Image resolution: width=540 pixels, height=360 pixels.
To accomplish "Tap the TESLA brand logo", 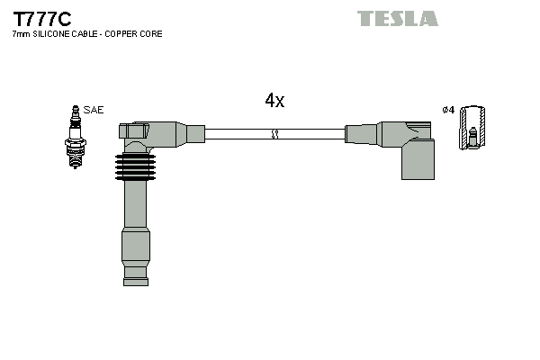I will coord(397,18).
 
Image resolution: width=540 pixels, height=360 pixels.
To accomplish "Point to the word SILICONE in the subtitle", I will coord(52,34).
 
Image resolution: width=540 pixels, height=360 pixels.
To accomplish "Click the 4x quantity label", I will coord(274,101).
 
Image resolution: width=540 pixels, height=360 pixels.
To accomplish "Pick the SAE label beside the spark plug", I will coord(94,110).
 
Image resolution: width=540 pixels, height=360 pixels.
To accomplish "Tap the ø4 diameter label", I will coord(448,110).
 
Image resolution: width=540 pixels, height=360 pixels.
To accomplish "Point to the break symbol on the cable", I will coord(275,134).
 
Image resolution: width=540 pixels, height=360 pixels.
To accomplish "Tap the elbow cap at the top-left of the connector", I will coord(135,130).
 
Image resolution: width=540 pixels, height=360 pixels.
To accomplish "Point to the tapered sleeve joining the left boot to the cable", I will coord(191,134).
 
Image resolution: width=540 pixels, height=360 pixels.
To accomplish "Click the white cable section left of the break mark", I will coord(238,134).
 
